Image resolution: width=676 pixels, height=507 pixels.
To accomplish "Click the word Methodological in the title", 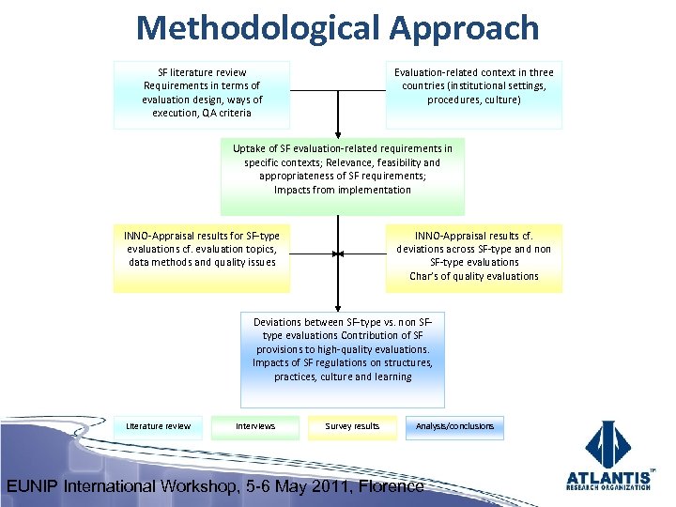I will pyautogui.click(x=259, y=28).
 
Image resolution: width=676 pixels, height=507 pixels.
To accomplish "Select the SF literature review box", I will pyautogui.click(x=202, y=94).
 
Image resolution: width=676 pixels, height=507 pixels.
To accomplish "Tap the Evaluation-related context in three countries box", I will pyautogui.click(x=473, y=94).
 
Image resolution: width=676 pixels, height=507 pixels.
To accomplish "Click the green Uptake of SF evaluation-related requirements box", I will pyautogui.click(x=342, y=177).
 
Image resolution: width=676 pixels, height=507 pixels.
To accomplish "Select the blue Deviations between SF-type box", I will pyautogui.click(x=342, y=359).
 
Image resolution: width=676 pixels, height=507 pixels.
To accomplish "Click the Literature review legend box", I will pyautogui.click(x=158, y=427).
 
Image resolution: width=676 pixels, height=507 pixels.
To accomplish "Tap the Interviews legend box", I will pyautogui.click(x=255, y=427).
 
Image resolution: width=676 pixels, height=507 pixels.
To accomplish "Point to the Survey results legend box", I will pyautogui.click(x=352, y=427).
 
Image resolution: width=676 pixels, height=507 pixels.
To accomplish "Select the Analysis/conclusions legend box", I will pyautogui.click(x=454, y=427).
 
